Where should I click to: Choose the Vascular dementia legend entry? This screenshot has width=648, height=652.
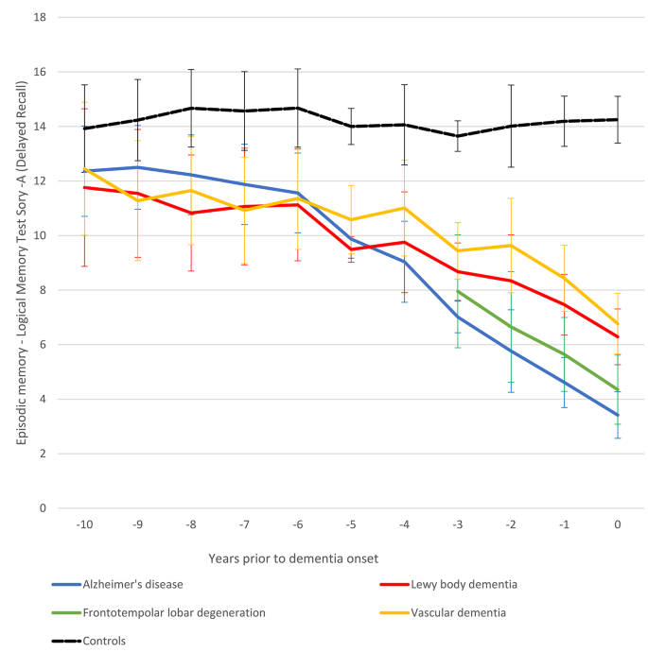pyautogui.click(x=459, y=612)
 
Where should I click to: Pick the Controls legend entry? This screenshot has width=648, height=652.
pyautogui.click(x=104, y=640)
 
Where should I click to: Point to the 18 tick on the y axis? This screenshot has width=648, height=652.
pyautogui.click(x=41, y=17)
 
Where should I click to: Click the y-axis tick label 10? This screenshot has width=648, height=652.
pyautogui.click(x=41, y=235)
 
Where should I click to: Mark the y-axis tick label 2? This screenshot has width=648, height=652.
pyautogui.click(x=44, y=454)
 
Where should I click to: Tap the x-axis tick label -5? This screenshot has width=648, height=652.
pyautogui.click(x=351, y=523)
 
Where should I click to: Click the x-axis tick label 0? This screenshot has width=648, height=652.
pyautogui.click(x=618, y=523)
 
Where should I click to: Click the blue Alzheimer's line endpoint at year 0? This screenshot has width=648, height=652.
pyautogui.click(x=618, y=415)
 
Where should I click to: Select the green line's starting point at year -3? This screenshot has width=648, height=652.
pyautogui.click(x=458, y=291)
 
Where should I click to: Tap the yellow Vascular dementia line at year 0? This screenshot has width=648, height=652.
pyautogui.click(x=618, y=324)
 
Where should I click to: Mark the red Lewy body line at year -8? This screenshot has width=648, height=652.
pyautogui.click(x=191, y=213)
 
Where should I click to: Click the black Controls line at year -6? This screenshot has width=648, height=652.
pyautogui.click(x=298, y=108)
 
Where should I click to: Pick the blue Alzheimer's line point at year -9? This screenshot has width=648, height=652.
pyautogui.click(x=138, y=167)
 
